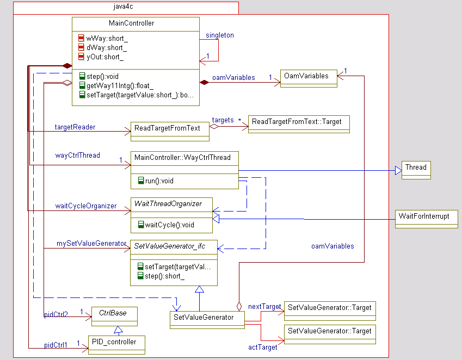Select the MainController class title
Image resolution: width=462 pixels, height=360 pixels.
[x=135, y=23]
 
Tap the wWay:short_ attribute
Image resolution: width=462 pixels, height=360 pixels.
[x=107, y=38]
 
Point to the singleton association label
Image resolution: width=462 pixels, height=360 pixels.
[x=220, y=35]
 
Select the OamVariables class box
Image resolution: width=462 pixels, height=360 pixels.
[x=309, y=78]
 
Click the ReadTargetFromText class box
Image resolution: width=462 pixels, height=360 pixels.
[x=170, y=129]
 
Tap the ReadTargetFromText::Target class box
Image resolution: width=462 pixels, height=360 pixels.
[x=298, y=123]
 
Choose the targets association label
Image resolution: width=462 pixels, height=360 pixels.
[x=223, y=120]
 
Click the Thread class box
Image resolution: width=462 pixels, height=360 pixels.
[x=416, y=169]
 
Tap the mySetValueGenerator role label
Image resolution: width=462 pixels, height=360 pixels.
[x=91, y=244]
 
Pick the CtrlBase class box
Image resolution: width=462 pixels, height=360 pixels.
[x=114, y=316]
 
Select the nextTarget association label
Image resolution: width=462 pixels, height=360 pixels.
[x=264, y=307]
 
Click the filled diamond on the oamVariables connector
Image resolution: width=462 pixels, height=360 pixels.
[x=205, y=83]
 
